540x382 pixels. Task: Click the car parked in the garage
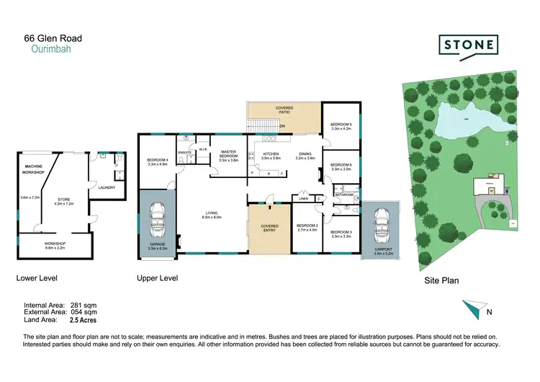pyautogui.click(x=157, y=222)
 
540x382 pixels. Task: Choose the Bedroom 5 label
pyautogui.click(x=340, y=126)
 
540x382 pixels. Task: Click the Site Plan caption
pyautogui.click(x=440, y=280)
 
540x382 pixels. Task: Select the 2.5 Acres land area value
pyautogui.click(x=84, y=319)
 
